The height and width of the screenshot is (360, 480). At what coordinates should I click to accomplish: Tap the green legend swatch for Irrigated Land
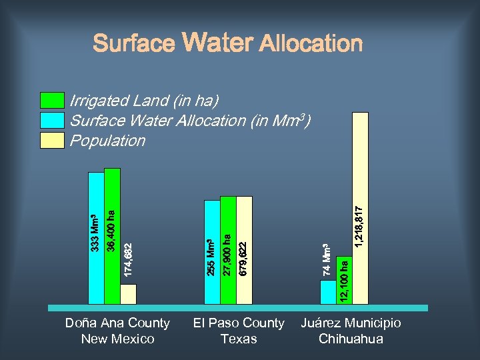tap(53, 101)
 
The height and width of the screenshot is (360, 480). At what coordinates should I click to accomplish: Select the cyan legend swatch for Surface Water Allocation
tap(53, 120)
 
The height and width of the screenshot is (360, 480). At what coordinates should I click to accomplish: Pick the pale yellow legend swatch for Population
tap(53, 140)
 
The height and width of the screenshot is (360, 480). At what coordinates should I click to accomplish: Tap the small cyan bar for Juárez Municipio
tap(328, 291)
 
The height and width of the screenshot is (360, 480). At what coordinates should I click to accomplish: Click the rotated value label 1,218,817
tap(359, 226)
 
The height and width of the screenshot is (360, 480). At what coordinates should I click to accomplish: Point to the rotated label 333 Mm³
tap(96, 232)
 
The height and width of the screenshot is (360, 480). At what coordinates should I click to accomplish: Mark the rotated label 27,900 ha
tap(227, 254)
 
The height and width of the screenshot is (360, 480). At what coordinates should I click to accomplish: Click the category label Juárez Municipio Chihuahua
tap(351, 331)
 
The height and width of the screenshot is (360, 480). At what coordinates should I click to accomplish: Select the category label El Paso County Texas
tap(238, 331)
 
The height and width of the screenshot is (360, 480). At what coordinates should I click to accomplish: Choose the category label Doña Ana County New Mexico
tap(117, 331)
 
